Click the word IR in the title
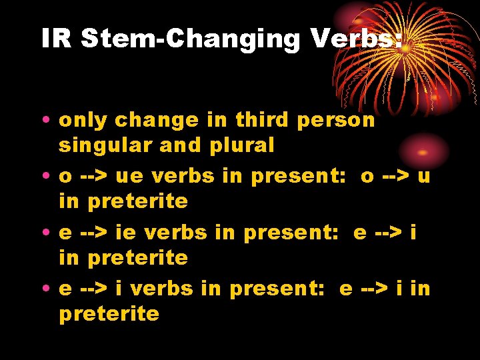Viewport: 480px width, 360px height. (x=56, y=39)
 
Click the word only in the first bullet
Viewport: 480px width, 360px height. (x=84, y=121)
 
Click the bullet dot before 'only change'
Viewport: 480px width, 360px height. (x=49, y=121)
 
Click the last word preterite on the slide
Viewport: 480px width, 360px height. (x=109, y=314)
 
